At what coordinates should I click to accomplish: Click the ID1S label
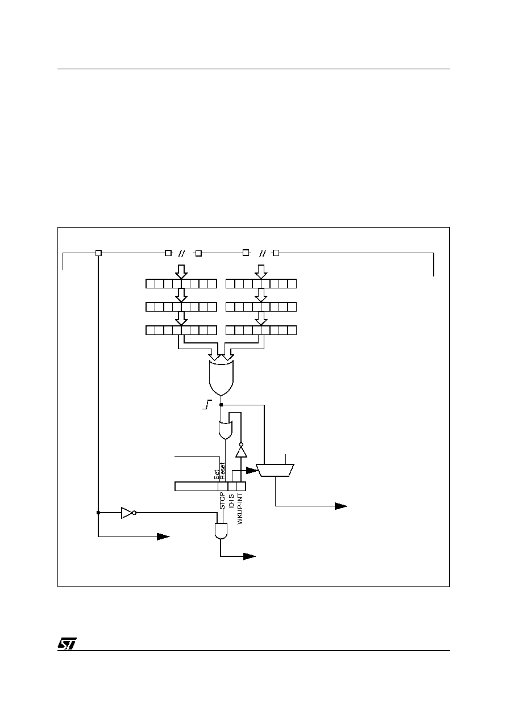[231, 501]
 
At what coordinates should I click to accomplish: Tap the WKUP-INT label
[240, 509]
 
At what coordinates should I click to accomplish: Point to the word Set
[217, 475]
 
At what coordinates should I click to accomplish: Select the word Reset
[223, 471]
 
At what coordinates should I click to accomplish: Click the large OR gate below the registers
[221, 378]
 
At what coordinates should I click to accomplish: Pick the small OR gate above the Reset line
[225, 430]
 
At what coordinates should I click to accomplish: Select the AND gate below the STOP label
[221, 531]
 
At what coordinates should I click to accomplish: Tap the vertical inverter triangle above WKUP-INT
[242, 451]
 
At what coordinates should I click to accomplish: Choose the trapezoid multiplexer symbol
[275, 470]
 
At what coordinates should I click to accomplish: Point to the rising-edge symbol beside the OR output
[207, 405]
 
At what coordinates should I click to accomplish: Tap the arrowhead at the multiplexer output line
[341, 506]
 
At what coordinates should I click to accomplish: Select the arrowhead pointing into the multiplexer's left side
[252, 471]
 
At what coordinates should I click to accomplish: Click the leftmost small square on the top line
[98, 253]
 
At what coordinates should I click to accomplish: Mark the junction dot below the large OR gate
[221, 405]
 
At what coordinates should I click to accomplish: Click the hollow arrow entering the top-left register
[181, 272]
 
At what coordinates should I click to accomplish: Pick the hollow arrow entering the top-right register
[261, 272]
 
